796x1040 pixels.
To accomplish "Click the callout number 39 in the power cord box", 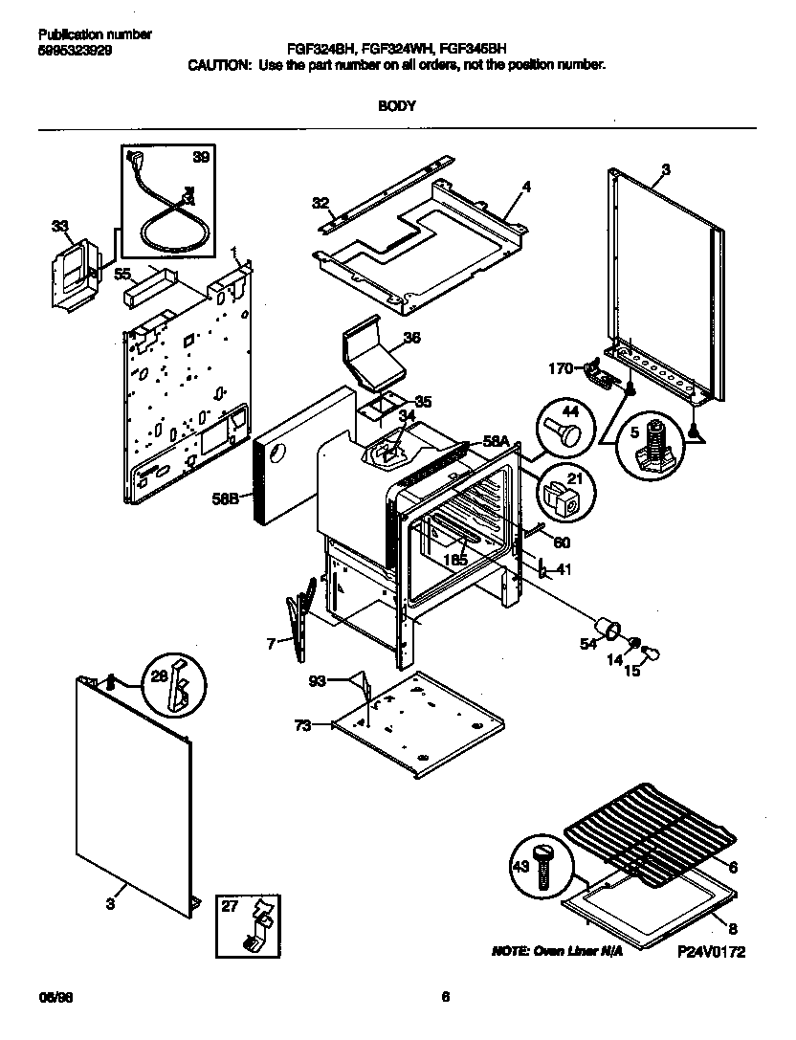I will (200, 157).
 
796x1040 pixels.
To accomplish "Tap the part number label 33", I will (60, 227).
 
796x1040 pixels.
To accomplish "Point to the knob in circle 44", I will (567, 425).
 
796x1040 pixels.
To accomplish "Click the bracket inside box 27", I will (257, 926).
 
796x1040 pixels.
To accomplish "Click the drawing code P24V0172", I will (711, 952).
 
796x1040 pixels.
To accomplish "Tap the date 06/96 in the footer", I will (54, 997).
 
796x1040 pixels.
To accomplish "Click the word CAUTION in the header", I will (218, 64).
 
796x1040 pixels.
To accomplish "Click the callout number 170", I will (560, 366).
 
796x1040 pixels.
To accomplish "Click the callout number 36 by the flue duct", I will (411, 338).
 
